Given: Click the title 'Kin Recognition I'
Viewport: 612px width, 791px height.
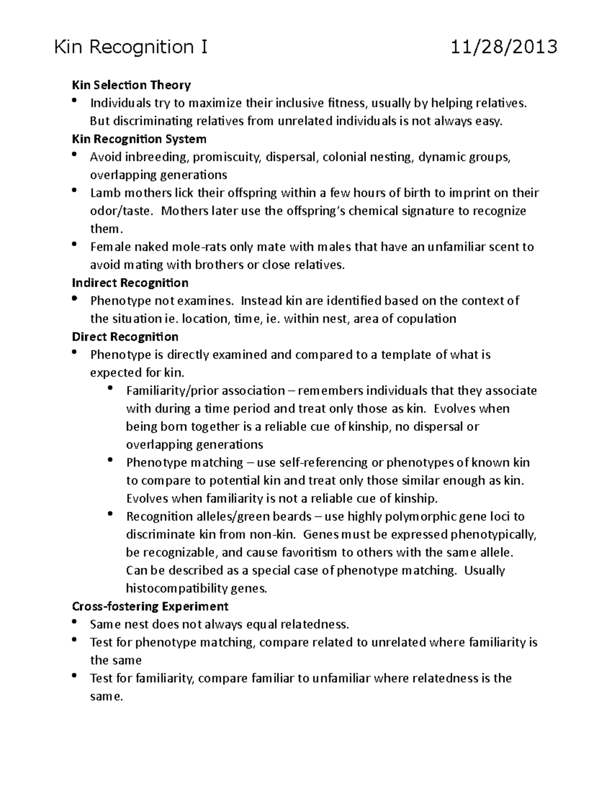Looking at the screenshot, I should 131,47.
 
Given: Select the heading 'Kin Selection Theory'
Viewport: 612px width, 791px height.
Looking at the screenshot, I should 132,85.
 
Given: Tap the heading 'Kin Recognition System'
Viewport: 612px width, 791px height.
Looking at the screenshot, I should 139,139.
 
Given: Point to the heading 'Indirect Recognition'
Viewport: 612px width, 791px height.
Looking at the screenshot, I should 130,283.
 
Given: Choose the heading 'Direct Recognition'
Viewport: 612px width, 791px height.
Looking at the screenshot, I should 125,337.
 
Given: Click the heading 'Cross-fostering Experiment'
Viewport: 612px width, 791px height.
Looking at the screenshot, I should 150,607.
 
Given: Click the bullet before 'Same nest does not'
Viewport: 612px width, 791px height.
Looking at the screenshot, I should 75,622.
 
